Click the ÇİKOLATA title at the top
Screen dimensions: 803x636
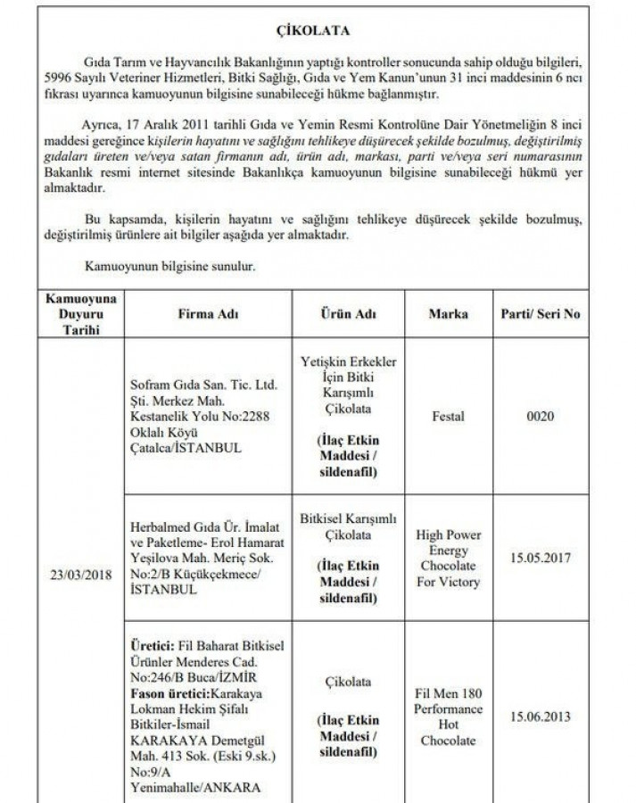(x=318, y=30)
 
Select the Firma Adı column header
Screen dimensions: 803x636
(x=208, y=315)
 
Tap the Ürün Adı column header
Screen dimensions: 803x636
(x=348, y=315)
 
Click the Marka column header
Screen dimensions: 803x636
(x=448, y=315)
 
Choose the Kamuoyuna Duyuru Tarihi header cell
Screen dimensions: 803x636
(x=74, y=315)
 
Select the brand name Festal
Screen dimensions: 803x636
(x=448, y=416)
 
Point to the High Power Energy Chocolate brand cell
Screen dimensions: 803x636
(x=448, y=559)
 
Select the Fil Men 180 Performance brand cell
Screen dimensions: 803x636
(x=448, y=716)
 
